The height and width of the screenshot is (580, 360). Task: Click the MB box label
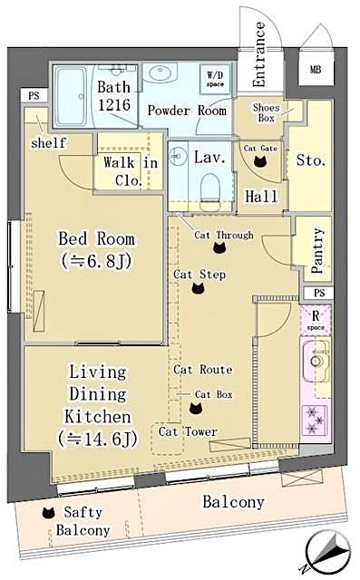[x=315, y=70]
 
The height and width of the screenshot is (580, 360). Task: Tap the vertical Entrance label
[x=258, y=55]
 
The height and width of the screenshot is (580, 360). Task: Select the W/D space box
[x=216, y=79]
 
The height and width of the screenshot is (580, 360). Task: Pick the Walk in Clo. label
[x=130, y=169]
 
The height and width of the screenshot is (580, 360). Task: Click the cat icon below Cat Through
[x=219, y=247]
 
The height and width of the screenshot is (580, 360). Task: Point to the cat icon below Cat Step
[x=199, y=288]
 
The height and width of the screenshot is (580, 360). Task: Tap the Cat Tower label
[x=188, y=432]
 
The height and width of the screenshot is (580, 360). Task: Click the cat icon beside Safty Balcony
[x=46, y=513]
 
